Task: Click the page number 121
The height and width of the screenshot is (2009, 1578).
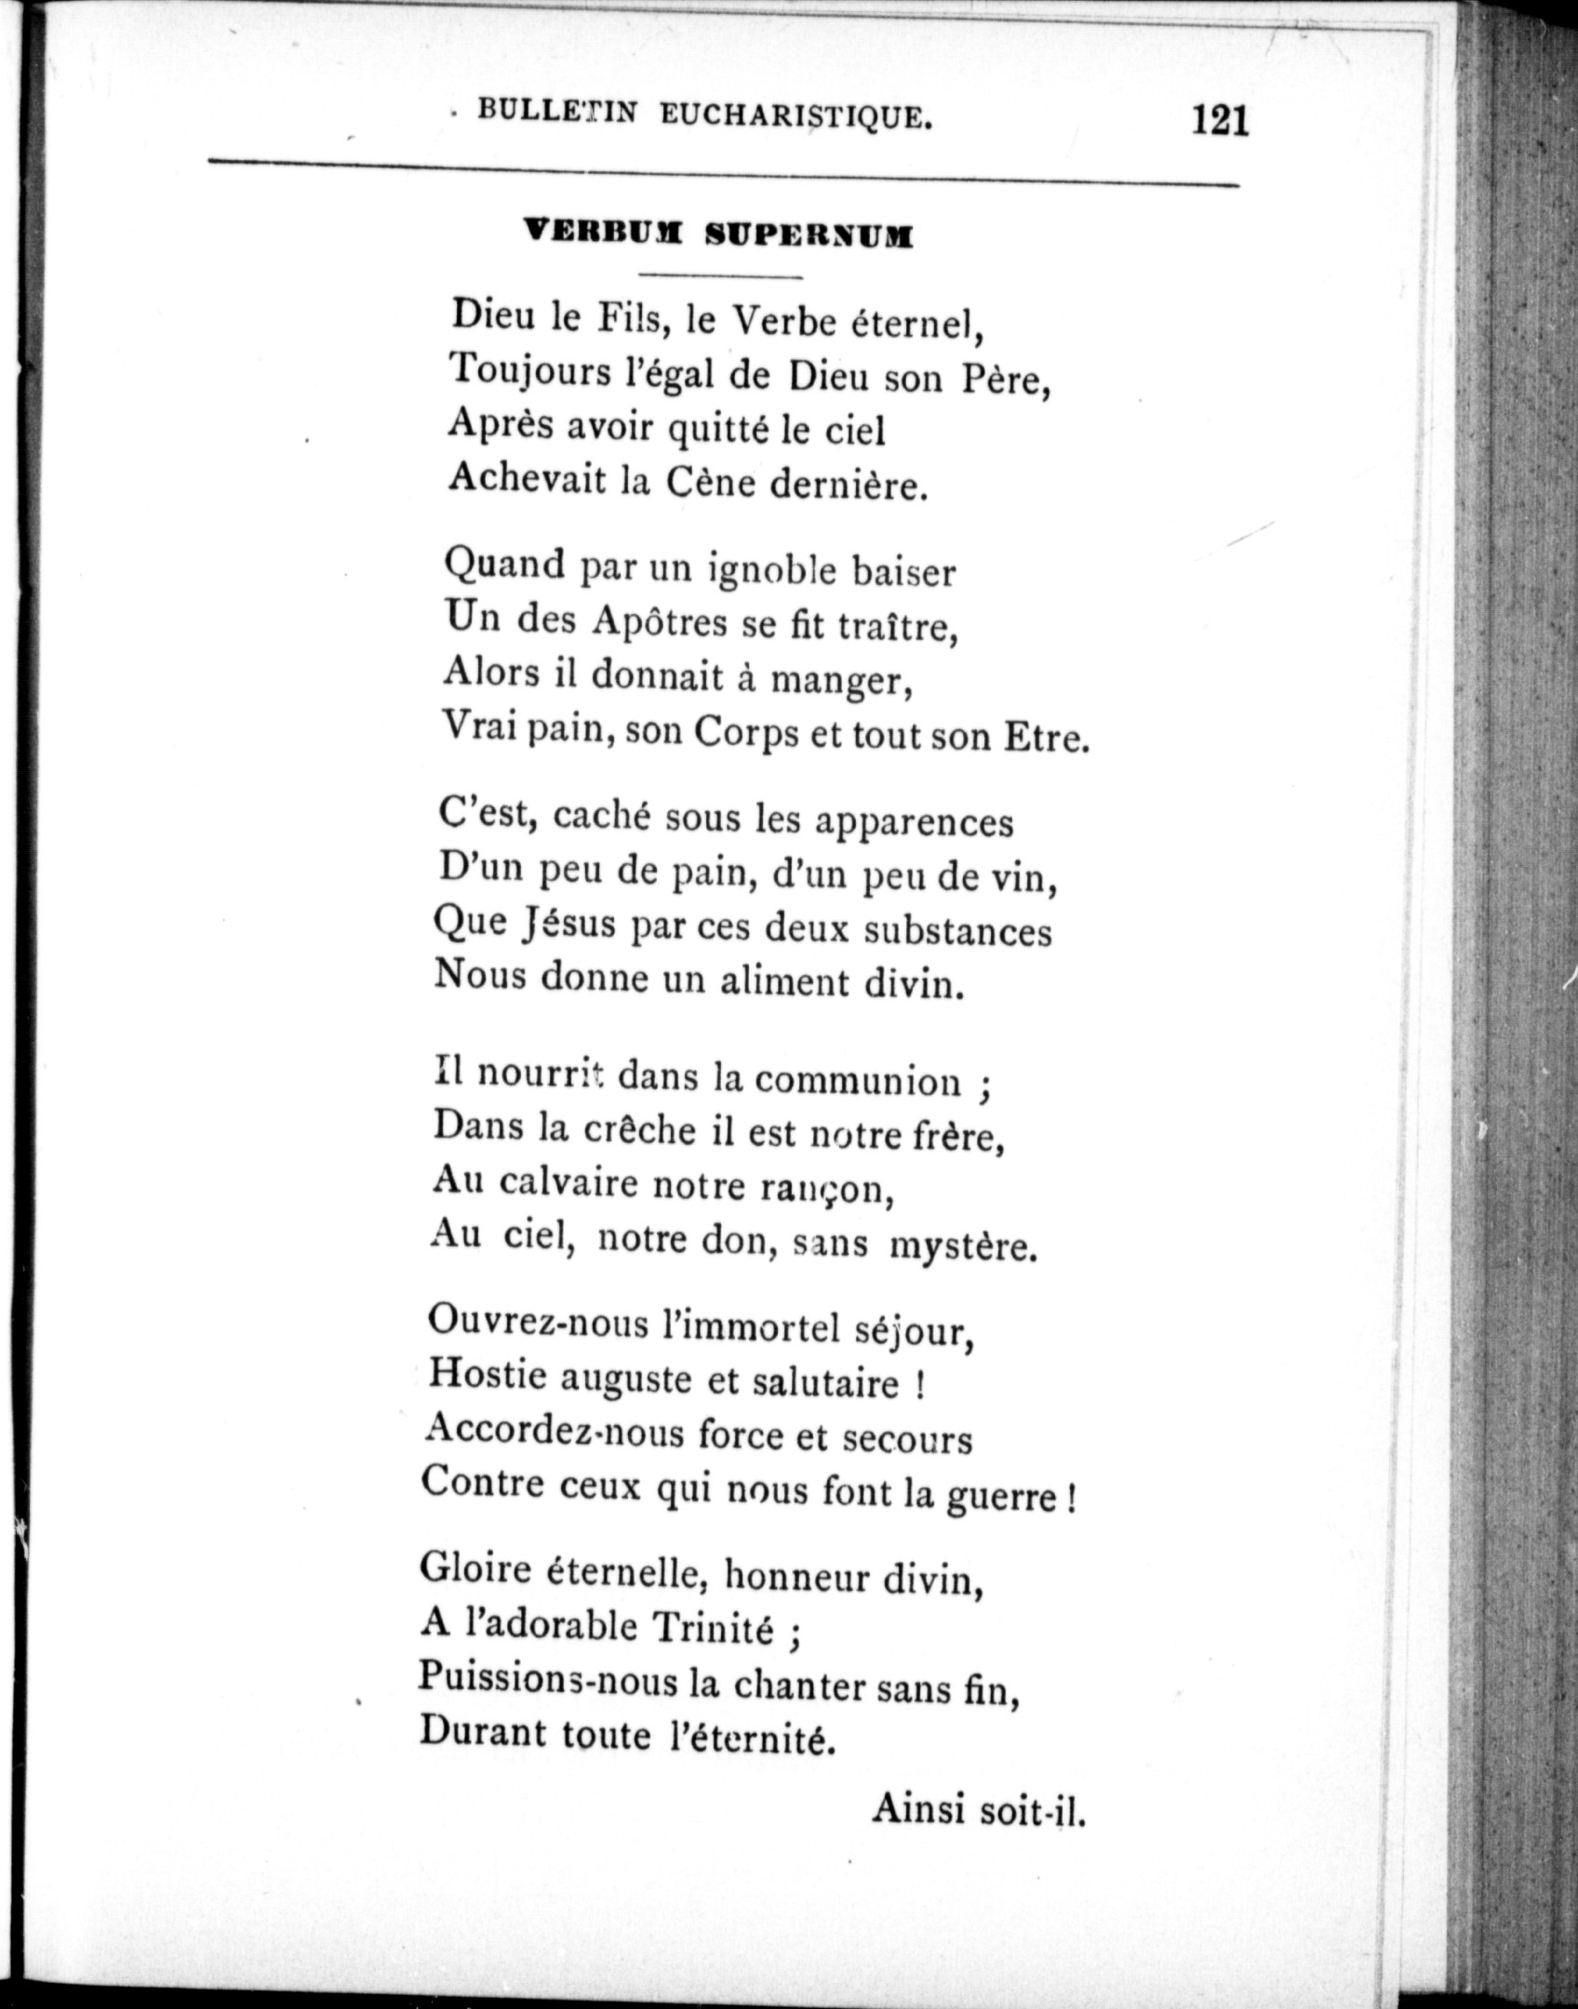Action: (1218, 121)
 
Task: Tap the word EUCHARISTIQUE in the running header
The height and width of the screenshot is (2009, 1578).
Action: (796, 116)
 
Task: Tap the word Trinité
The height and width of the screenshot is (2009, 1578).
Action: (715, 1628)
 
